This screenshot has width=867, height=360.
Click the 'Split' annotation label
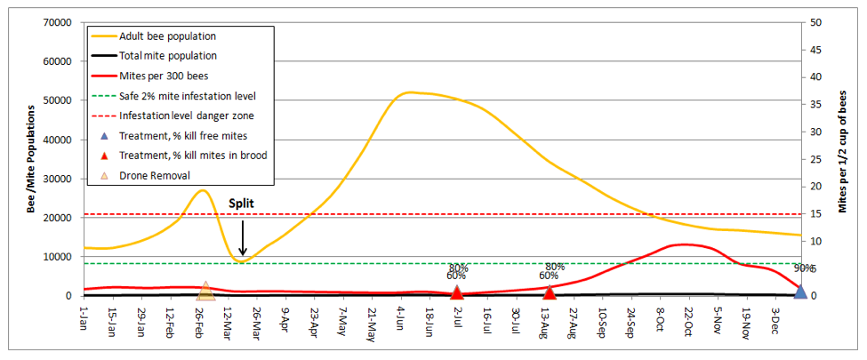242,204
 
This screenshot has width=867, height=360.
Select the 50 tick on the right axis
814,22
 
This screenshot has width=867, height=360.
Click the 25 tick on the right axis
814,159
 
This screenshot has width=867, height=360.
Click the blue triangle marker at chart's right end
799,292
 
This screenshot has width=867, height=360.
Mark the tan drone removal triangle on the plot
205,291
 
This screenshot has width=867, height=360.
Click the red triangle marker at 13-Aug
550,292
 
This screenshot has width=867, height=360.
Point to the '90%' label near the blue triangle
803,268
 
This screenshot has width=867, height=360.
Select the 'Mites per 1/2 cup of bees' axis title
842,158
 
